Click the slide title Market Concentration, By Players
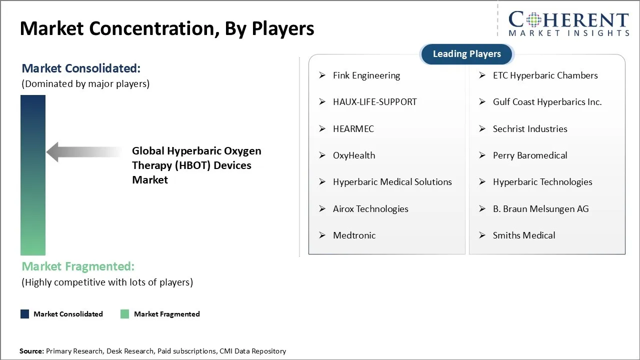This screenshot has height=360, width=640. (167, 28)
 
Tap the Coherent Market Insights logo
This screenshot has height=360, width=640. (568, 23)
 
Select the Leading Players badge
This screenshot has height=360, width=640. (466, 54)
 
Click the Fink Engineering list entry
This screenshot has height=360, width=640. (366, 75)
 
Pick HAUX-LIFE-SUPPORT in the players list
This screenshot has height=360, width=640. (374, 102)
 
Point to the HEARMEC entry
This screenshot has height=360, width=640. (353, 129)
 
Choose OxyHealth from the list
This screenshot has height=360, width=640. (353, 155)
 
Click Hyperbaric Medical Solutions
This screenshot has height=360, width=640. (392, 182)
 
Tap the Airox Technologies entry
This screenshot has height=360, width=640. (370, 209)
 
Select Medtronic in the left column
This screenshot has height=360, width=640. (354, 235)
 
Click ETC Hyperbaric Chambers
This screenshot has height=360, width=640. (545, 75)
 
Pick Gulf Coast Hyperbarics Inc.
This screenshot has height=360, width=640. (547, 102)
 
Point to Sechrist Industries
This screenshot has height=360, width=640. (529, 129)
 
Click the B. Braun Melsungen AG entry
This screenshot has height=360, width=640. (540, 209)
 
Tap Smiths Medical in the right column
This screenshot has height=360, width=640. (523, 235)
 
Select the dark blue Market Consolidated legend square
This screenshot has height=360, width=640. (24, 314)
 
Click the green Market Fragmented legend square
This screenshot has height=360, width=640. (125, 314)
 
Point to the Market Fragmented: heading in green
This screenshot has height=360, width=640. (78, 266)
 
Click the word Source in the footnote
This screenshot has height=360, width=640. (31, 351)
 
